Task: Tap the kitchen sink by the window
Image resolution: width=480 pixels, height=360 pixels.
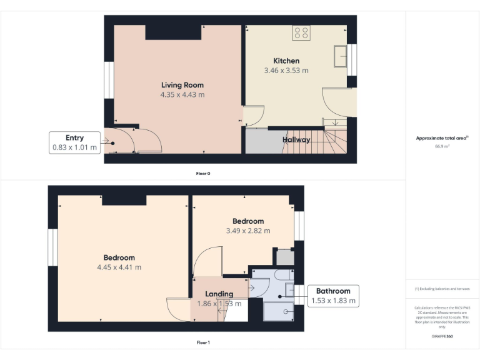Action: tap(341, 56)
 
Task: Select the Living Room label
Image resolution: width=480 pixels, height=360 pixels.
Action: tap(182, 85)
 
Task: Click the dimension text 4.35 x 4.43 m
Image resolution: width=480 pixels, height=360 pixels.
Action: tap(182, 95)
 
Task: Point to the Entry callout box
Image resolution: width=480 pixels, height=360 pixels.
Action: tap(75, 142)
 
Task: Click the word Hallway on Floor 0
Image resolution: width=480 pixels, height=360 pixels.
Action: tap(296, 140)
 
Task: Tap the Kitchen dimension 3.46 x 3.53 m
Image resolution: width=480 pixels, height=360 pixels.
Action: tap(286, 71)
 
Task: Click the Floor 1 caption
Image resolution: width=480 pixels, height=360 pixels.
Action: tap(203, 342)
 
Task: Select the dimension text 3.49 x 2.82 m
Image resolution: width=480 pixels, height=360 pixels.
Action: tap(248, 231)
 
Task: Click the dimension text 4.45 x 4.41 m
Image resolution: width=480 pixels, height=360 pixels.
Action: tap(119, 267)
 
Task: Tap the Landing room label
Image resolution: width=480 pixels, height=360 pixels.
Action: tap(219, 294)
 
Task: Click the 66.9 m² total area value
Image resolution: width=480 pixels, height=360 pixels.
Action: tap(442, 146)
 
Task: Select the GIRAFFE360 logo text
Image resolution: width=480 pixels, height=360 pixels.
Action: tap(442, 337)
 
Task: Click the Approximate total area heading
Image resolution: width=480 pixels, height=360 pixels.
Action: tap(442, 138)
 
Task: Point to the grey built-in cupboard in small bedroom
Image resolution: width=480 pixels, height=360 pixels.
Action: tap(285, 257)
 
